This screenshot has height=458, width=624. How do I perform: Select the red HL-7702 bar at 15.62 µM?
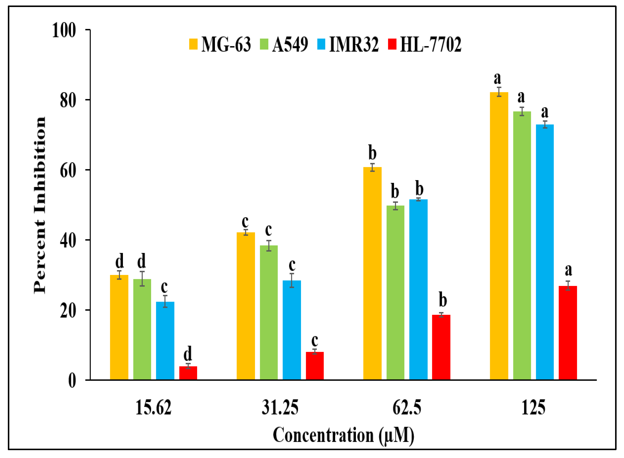[x=188, y=373]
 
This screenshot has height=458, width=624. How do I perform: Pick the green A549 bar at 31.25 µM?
[x=269, y=312]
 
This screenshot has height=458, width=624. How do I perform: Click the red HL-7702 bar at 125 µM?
[x=568, y=333]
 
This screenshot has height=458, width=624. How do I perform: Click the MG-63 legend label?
[x=226, y=44]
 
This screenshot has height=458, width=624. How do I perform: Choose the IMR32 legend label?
[x=354, y=44]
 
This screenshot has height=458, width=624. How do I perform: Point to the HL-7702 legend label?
[x=431, y=44]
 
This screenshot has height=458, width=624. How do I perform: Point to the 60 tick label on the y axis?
[x=68, y=170]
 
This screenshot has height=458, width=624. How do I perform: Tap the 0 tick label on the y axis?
[x=72, y=381]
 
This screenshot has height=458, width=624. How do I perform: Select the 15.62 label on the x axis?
[x=153, y=408]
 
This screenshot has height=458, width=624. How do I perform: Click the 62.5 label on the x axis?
[x=407, y=408]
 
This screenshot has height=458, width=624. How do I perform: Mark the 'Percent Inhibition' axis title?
[x=40, y=205]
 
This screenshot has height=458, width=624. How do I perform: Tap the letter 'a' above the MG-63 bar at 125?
[x=497, y=78]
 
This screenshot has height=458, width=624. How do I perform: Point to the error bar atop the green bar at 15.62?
[x=142, y=279]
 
